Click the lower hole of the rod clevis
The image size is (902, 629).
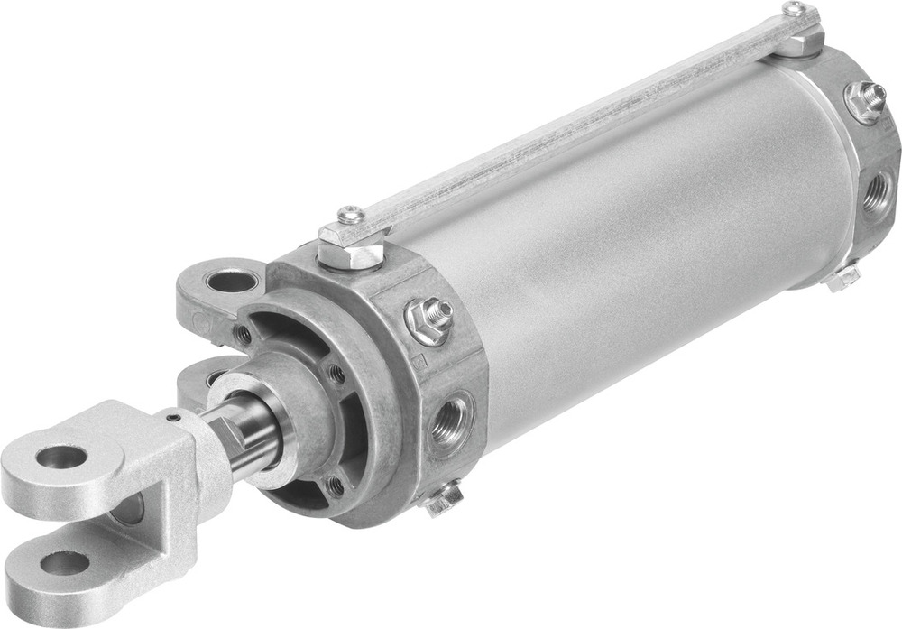coord(66,564)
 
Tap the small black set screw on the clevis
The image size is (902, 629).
coord(171,417)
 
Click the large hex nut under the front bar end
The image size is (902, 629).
coord(353,249)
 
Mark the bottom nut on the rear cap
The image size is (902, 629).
coord(842,278)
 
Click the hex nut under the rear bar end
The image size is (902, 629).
coord(797,41)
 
